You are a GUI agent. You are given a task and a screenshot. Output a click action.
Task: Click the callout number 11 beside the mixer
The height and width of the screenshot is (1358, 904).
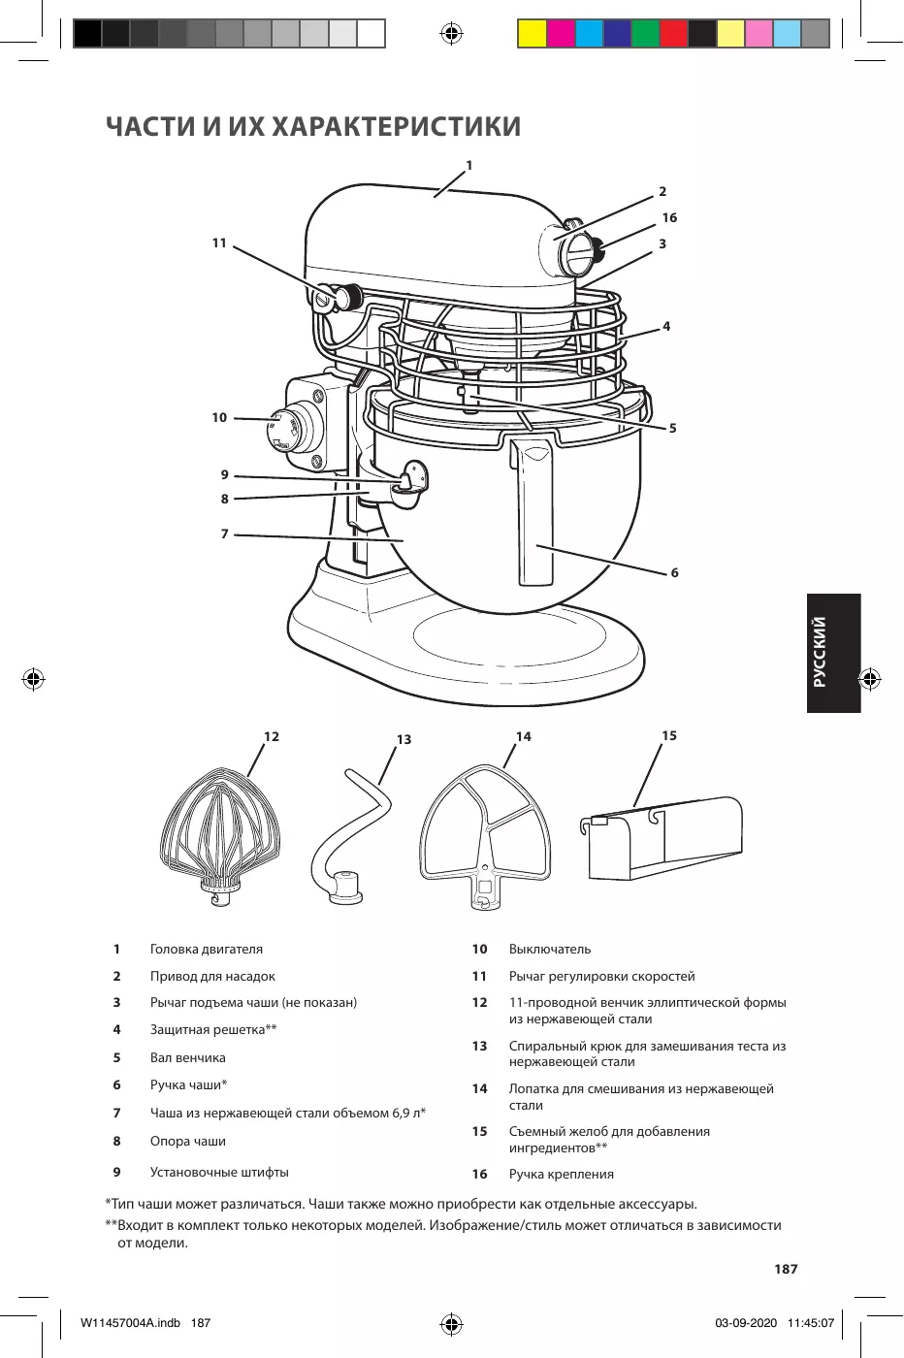[x=219, y=243]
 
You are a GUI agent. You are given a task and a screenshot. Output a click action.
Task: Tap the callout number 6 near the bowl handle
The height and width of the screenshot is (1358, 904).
[x=674, y=573]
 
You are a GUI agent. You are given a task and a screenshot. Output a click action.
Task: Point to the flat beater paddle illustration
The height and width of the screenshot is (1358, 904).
[x=484, y=834]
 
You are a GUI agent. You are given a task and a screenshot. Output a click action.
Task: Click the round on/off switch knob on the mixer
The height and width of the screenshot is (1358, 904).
[x=288, y=426]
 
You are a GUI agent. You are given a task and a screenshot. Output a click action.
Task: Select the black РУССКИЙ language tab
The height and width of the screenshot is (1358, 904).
[x=833, y=653]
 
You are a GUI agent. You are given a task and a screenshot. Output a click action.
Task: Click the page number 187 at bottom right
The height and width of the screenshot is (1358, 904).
[x=786, y=1269]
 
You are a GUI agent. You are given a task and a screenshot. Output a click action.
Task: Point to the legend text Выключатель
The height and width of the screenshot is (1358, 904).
[x=549, y=949]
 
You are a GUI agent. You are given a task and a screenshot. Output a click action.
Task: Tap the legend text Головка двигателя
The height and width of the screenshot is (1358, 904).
[x=206, y=949]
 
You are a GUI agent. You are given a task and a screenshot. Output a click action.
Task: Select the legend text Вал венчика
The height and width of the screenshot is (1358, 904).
[x=187, y=1057]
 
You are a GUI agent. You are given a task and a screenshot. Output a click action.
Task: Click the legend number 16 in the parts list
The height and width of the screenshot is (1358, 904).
[x=479, y=1174]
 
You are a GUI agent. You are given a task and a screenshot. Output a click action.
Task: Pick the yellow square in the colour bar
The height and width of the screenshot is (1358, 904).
[x=533, y=34]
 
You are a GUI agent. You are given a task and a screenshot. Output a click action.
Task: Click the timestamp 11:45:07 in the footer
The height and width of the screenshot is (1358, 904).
[x=811, y=1323]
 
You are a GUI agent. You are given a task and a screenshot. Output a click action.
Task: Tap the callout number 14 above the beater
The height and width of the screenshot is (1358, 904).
[x=524, y=737]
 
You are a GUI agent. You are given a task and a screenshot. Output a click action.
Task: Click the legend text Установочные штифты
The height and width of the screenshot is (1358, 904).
[x=219, y=1172]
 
